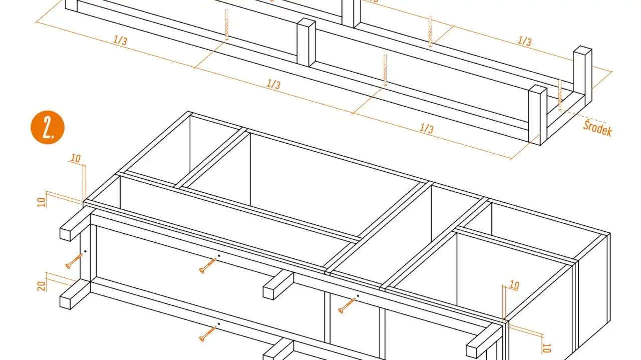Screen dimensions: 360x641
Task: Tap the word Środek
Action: pos(597,128)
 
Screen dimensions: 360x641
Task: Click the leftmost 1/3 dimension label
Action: pos(120,40)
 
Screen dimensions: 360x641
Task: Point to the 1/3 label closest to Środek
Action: pos(426,128)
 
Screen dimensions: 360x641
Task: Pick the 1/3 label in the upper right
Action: pos(524,41)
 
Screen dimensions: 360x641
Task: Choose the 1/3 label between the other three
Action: pos(273,84)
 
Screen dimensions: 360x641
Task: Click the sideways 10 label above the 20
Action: pos(42,202)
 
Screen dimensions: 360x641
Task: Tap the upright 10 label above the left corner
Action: pos(75,159)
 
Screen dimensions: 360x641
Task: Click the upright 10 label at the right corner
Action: pos(514,285)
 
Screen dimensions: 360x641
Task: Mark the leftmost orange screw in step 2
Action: pos(74,261)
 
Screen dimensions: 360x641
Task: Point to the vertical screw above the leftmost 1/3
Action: pos(227,24)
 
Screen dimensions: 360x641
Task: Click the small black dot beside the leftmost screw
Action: pos(86,251)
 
